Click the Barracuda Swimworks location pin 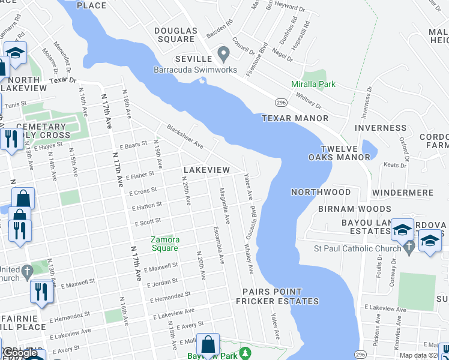click(x=224, y=55)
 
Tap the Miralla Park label click(x=313, y=85)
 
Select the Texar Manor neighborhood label click(x=295, y=119)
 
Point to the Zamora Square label click(x=164, y=244)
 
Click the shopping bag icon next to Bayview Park click(x=208, y=345)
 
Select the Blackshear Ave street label click(x=185, y=137)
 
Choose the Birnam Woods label click(x=345, y=209)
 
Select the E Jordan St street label click(x=161, y=283)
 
